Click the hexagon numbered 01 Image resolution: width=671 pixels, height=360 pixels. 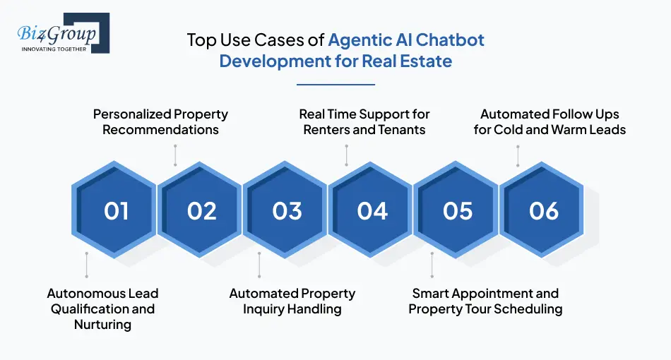[116, 210]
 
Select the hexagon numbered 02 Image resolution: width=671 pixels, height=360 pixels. [201, 210]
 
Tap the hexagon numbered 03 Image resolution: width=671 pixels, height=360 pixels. [287, 210]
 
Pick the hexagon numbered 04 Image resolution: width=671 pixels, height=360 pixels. [372, 210]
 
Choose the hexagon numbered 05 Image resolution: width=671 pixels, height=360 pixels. [458, 210]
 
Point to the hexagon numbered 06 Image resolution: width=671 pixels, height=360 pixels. [543, 210]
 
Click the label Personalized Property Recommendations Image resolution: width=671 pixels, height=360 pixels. [161, 121]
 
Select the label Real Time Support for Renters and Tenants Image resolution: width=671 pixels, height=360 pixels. [364, 121]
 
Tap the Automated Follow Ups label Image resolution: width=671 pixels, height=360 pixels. [550, 121]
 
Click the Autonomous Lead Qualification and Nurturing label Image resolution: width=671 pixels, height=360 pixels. [102, 308]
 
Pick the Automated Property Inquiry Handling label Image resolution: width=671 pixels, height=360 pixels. [292, 301]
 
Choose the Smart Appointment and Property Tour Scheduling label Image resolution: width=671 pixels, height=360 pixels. [485, 301]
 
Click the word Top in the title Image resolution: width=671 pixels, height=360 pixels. [201, 40]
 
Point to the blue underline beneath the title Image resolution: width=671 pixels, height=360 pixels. [335, 85]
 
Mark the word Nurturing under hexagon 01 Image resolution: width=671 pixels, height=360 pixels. [102, 325]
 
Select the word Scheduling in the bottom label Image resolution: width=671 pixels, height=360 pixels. [527, 309]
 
